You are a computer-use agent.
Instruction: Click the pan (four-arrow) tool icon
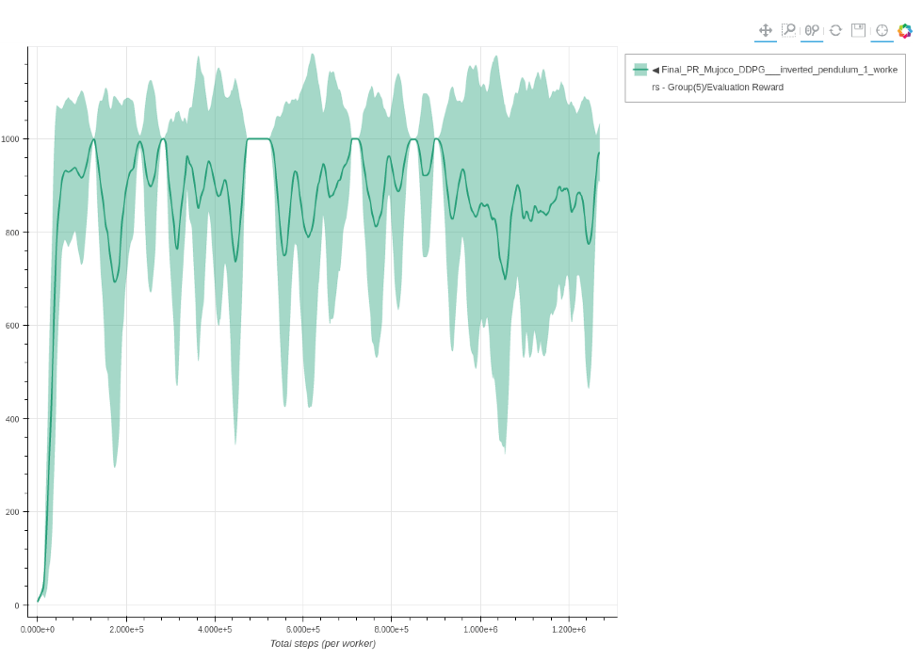pos(766,30)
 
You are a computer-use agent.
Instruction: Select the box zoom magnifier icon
pos(788,30)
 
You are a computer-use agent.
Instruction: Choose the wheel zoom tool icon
pos(812,30)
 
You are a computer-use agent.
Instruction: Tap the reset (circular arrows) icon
pos(835,30)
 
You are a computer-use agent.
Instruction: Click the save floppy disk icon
pos(858,30)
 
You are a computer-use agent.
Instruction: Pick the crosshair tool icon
pos(882,30)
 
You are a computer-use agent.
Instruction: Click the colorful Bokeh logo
pos(905,30)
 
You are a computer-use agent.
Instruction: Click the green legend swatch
pos(640,70)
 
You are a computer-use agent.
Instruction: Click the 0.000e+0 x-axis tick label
pos(38,629)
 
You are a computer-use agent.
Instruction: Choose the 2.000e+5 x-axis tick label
pos(126,629)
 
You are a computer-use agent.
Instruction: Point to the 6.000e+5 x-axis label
pos(303,629)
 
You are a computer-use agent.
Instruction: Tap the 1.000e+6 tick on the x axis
pos(480,629)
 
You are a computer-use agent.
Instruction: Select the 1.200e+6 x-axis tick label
pos(569,629)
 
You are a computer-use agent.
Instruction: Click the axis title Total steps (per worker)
pos(323,644)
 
